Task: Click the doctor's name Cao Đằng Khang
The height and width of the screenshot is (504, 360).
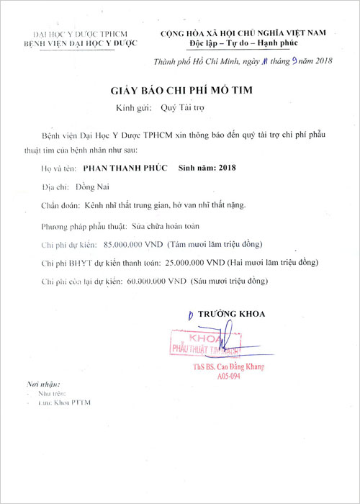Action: click(237, 368)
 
